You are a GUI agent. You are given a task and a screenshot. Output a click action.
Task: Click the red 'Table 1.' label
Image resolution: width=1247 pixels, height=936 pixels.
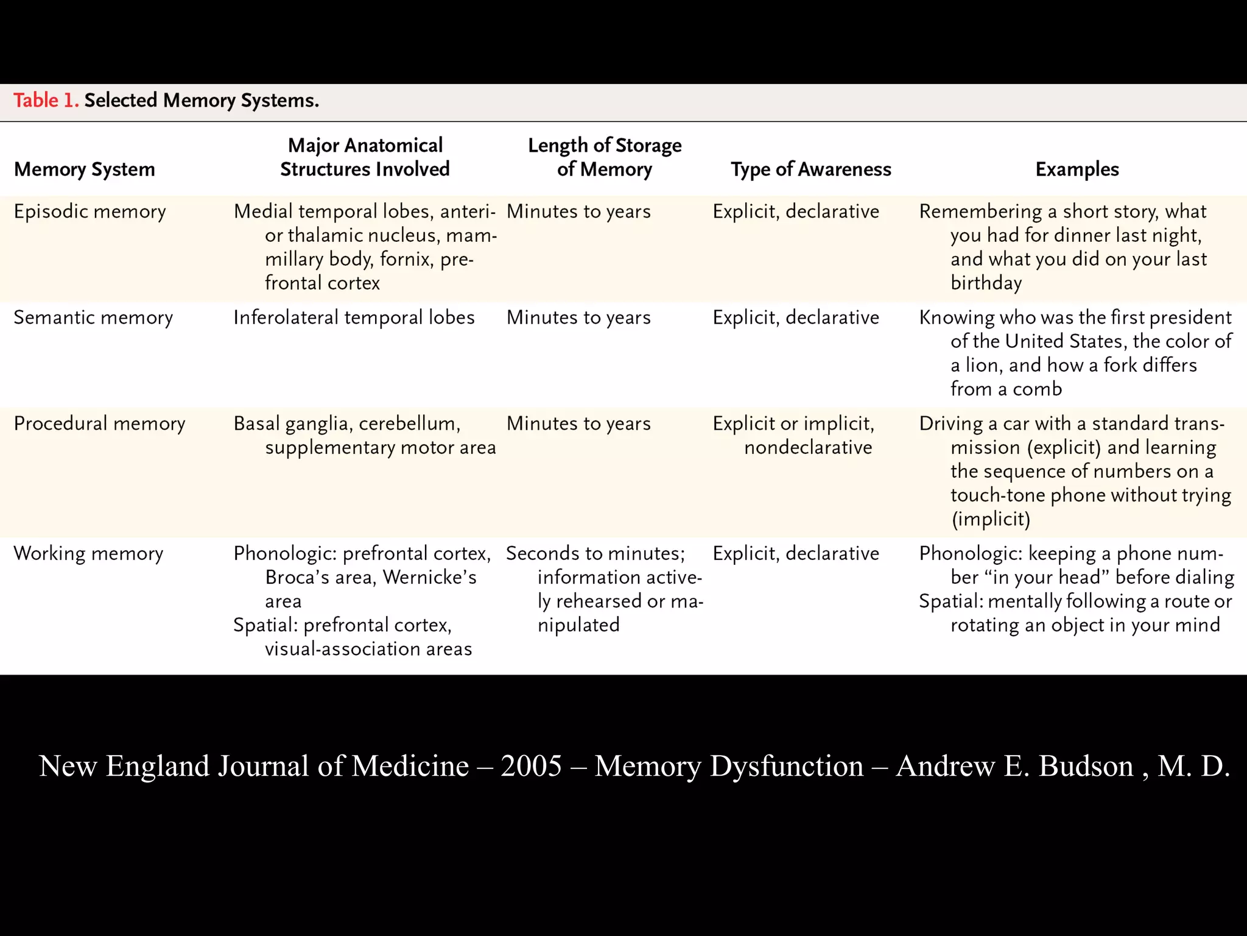[46, 100]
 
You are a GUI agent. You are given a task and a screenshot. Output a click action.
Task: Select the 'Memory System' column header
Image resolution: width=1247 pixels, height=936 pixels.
[85, 169]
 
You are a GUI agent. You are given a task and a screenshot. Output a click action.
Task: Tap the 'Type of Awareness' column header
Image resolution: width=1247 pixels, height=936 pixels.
[810, 169]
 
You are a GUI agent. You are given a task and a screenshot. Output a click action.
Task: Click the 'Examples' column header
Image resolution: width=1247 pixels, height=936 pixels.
[1077, 169]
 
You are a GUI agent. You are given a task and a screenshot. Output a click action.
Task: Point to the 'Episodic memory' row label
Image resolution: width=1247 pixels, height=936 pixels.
[90, 211]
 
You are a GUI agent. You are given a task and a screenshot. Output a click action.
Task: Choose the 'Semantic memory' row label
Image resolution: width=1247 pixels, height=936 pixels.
[93, 317]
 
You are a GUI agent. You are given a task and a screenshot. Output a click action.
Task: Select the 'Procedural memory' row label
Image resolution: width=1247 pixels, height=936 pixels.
[99, 424]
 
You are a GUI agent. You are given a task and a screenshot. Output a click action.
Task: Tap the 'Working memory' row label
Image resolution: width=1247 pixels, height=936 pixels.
[88, 553]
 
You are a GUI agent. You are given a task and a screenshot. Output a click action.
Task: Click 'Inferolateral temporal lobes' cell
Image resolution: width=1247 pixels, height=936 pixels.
[354, 317]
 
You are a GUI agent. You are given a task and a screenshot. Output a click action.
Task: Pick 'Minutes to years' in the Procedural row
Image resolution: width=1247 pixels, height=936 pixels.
[578, 424]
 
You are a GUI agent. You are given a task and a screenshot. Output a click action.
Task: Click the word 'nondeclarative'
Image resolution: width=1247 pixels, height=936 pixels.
[808, 447]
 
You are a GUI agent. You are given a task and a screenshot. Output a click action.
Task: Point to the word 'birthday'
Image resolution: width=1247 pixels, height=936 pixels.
[986, 283]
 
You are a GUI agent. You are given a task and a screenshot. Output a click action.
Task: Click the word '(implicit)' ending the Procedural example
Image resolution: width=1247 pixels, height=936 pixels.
[991, 519]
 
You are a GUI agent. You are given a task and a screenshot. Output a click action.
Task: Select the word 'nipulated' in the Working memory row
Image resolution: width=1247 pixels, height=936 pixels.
[578, 625]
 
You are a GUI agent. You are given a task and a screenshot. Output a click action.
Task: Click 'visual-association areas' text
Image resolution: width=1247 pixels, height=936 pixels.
[368, 648]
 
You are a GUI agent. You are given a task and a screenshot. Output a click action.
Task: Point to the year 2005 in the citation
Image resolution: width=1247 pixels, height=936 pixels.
[531, 765]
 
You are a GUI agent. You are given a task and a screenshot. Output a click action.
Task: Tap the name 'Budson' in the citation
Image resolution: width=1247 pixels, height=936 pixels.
[1086, 765]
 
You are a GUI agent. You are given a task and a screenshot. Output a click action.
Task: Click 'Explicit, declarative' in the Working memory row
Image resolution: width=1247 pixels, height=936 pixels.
[796, 553]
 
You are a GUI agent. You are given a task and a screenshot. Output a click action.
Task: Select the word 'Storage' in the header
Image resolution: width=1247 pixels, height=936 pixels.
[648, 145]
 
